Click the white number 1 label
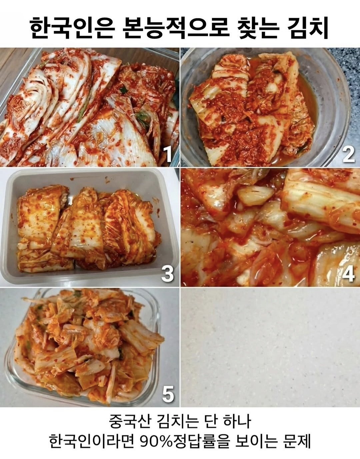[x=168, y=155]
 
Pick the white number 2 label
[x=348, y=155]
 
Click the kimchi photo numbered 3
[x=90, y=227]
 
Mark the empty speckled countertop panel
[x=270, y=347]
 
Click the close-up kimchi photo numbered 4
[x=270, y=227]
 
